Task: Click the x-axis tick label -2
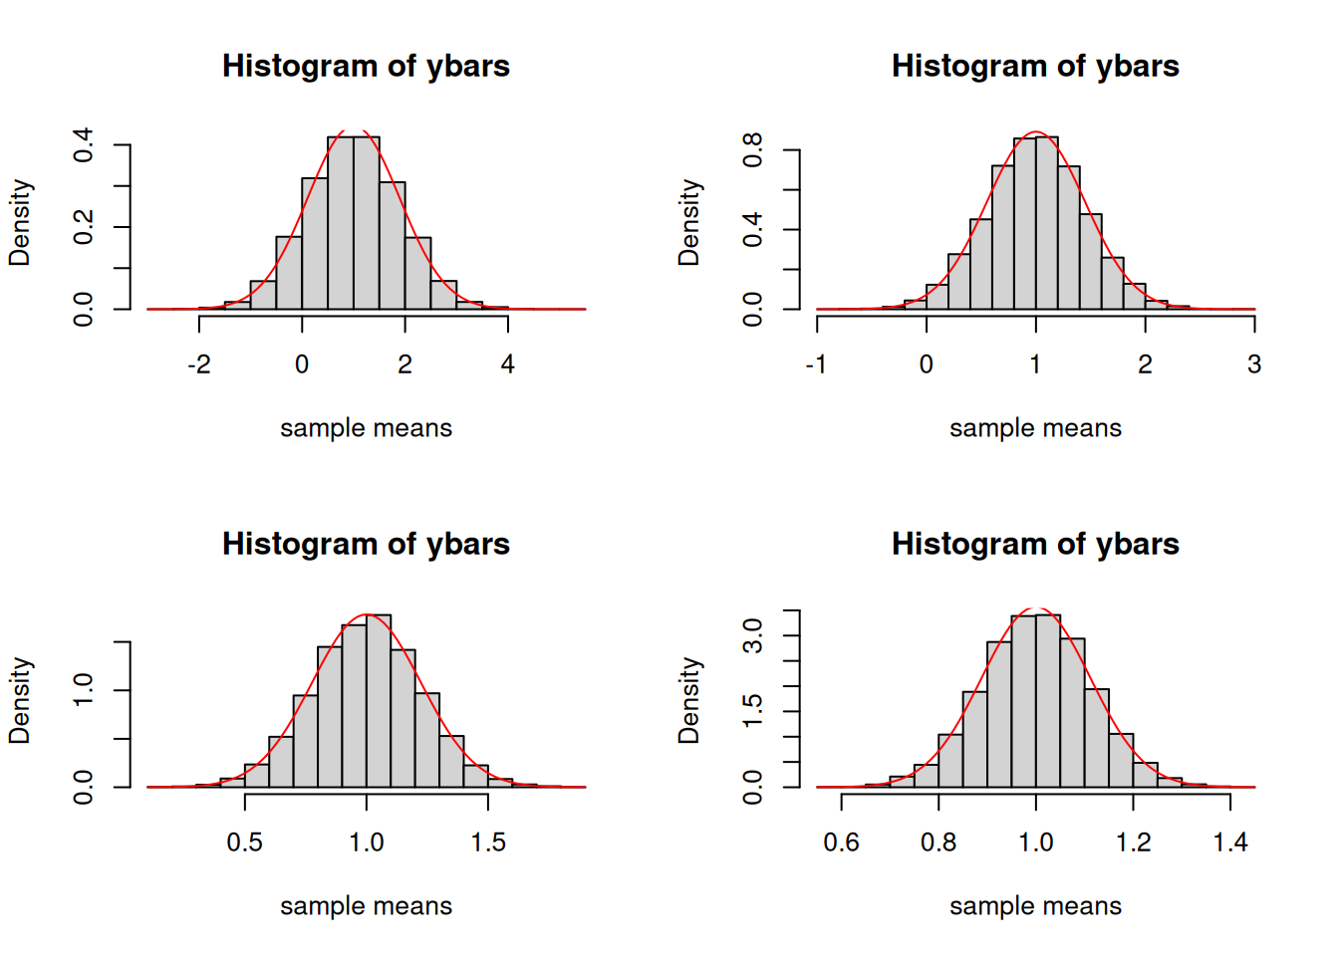point(199,364)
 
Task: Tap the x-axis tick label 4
point(508,364)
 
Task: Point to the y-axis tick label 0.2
point(84,227)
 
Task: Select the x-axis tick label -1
point(816,364)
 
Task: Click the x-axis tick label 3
point(1254,364)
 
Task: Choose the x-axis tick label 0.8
point(938,842)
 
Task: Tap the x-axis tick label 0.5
point(245,842)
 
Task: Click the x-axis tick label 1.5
point(488,842)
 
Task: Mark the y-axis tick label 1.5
point(753,710)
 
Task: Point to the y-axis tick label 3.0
point(753,635)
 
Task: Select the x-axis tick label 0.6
point(842,842)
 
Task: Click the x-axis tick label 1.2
point(1134,842)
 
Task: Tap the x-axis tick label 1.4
point(1230,842)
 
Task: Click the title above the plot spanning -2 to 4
point(366,66)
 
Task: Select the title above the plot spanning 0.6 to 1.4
point(1035,544)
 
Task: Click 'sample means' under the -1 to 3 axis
point(1035,428)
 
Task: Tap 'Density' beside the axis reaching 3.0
point(689,700)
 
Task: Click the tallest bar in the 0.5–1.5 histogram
point(379,701)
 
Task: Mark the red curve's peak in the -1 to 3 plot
point(1036,131)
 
